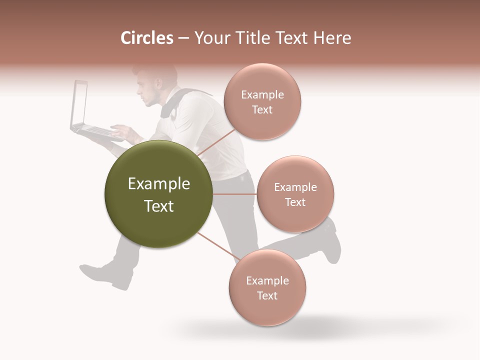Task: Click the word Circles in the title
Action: [146, 38]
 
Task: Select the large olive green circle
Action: [158, 194]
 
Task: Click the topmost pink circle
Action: [262, 101]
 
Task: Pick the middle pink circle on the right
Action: [295, 194]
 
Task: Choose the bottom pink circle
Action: [267, 287]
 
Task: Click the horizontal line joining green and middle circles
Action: [234, 194]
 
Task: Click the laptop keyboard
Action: [97, 131]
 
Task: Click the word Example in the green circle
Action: [158, 184]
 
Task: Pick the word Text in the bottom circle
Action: [267, 295]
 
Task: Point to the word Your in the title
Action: [210, 38]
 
